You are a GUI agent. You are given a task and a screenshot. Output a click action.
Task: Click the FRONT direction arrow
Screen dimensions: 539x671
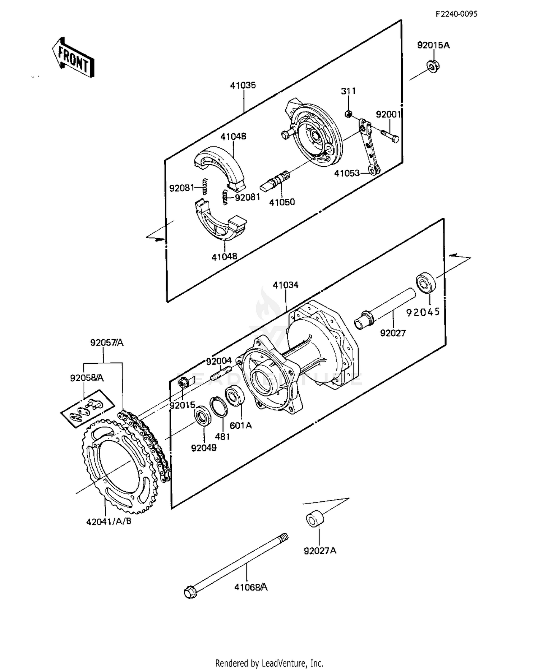[x=73, y=58]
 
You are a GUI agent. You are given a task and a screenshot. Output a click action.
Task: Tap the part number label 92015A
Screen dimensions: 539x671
[x=433, y=45]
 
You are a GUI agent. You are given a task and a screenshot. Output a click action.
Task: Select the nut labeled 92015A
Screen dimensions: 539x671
[x=433, y=67]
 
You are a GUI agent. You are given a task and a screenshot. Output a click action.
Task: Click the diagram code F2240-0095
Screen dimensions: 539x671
[x=456, y=14]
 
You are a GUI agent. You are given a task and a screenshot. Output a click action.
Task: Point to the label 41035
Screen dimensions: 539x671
[x=243, y=85]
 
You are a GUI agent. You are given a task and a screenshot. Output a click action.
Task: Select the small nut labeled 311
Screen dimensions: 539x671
[x=348, y=114]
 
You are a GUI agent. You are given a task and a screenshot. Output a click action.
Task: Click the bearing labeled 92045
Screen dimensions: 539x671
[x=426, y=283]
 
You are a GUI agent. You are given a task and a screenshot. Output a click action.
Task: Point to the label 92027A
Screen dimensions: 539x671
[x=320, y=551]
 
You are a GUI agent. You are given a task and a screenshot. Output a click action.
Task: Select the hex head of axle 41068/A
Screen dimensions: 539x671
[x=190, y=592]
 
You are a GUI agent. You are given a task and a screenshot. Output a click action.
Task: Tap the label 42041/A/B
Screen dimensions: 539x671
[x=109, y=521]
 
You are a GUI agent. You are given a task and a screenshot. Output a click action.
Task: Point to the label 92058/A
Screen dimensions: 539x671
[x=87, y=378]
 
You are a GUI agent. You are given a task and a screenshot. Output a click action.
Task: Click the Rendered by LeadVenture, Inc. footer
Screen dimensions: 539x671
[x=269, y=663]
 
